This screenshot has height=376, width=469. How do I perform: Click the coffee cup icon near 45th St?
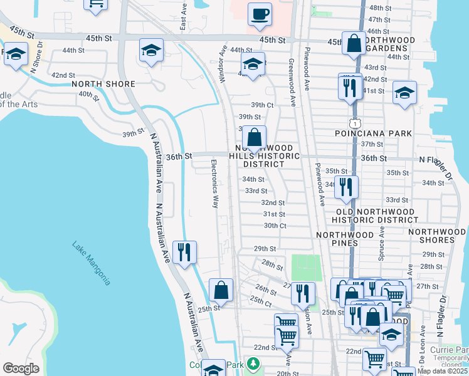[x=260, y=13]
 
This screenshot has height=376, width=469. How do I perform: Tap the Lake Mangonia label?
[x=92, y=263]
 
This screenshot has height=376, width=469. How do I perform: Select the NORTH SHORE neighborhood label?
[x=103, y=84]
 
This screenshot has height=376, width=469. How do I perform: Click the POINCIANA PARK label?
[x=381, y=133]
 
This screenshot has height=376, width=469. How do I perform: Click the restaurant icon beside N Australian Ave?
[x=184, y=252]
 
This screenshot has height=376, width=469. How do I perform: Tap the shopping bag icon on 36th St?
[x=255, y=137]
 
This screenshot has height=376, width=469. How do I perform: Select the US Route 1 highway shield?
[x=355, y=119]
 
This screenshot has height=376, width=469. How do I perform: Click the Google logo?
[x=21, y=368]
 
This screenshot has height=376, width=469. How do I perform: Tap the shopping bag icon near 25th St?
[x=221, y=290]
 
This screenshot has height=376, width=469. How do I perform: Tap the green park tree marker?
[x=253, y=363]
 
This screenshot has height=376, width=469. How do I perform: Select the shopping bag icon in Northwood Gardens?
[x=354, y=43]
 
